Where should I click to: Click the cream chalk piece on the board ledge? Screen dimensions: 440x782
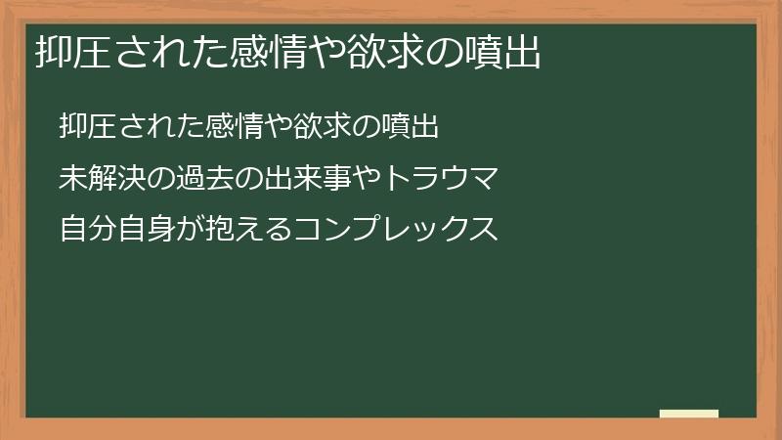pos(689,415)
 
